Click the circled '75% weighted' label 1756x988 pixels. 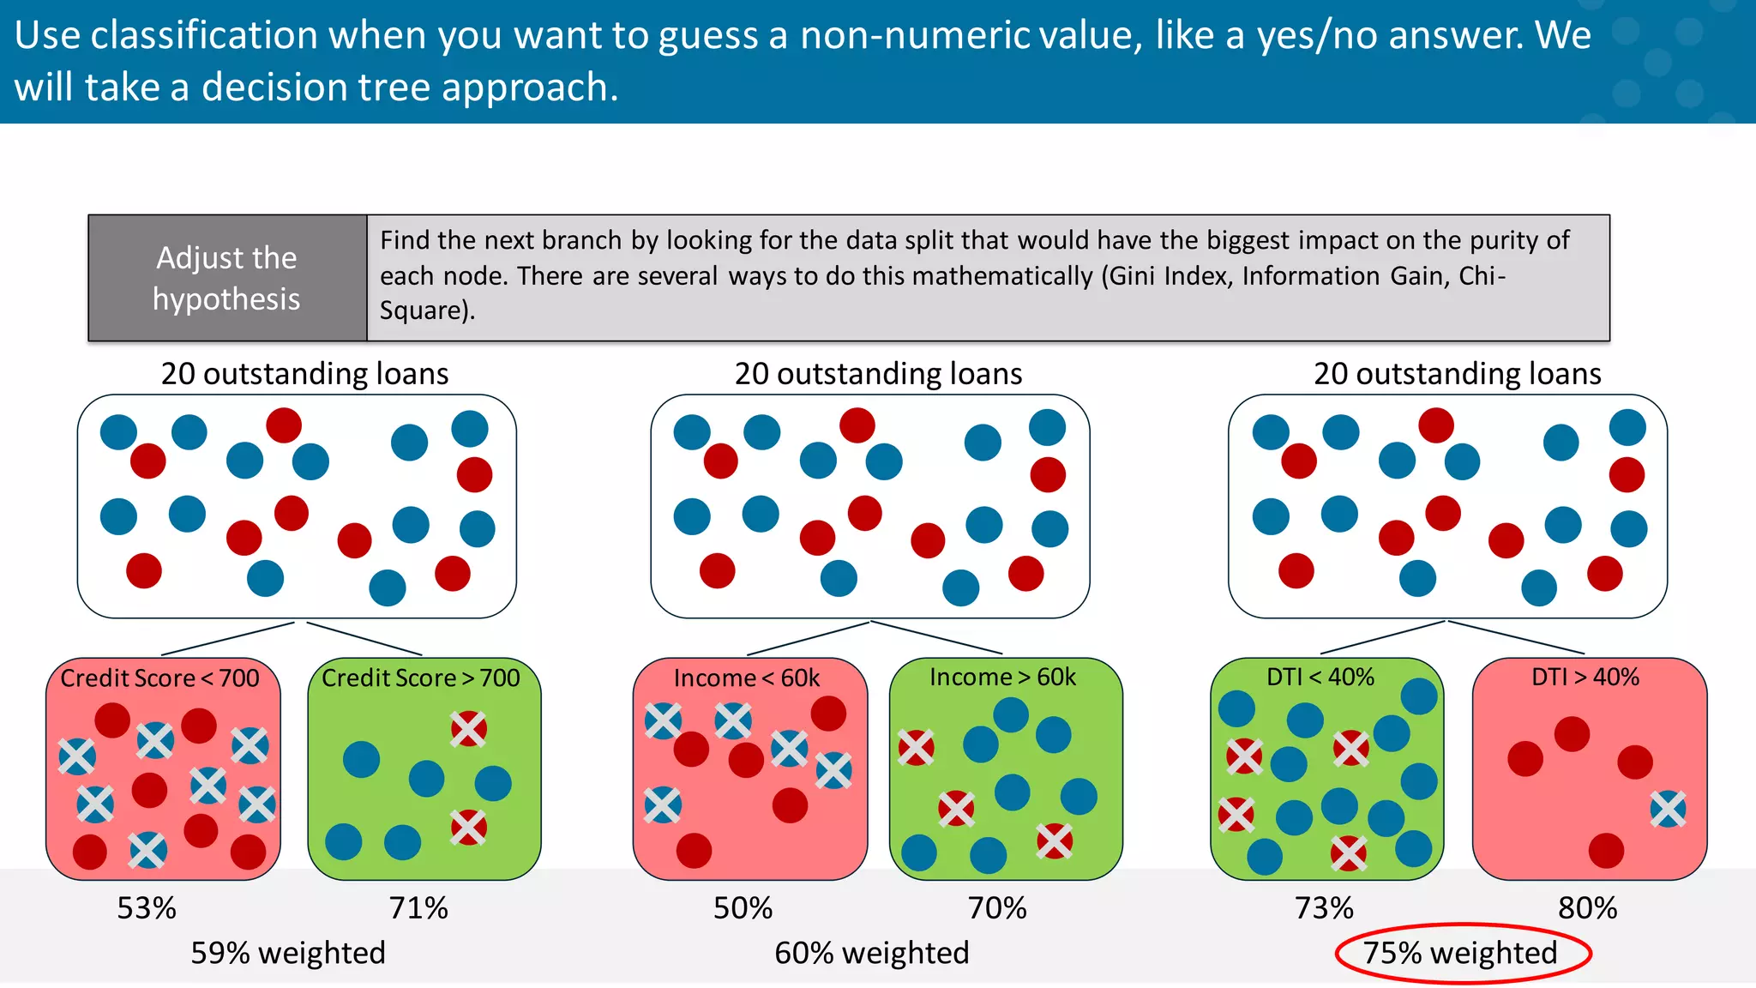click(1460, 953)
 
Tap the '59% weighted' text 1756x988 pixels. click(288, 953)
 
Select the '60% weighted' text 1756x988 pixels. click(871, 953)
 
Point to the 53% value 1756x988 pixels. click(147, 907)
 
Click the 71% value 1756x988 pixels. click(418, 907)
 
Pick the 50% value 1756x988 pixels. click(743, 907)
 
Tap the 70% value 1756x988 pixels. click(997, 907)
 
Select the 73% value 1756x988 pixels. click(1324, 907)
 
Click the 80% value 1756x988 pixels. click(1587, 907)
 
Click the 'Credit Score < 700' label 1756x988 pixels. click(159, 678)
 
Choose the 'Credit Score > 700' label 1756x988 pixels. click(421, 678)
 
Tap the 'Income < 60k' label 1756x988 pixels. click(747, 678)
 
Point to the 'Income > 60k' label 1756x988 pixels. click(1002, 678)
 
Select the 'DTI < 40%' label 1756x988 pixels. click(1320, 678)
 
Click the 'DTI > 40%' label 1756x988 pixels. click(1585, 678)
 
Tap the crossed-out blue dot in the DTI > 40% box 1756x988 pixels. click(1668, 809)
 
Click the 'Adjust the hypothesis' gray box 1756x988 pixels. click(227, 278)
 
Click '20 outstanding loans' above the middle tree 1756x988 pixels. click(878, 374)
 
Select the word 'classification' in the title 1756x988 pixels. click(204, 36)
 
